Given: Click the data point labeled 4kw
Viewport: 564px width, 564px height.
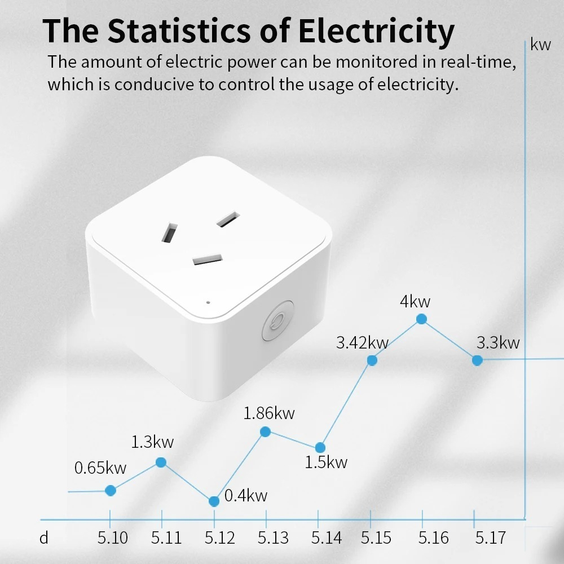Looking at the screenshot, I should tap(421, 319).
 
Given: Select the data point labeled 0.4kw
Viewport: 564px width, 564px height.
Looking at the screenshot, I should tap(214, 501).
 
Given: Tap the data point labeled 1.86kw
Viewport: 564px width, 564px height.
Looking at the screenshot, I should tap(266, 431).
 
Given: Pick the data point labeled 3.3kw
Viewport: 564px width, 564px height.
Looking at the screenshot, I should tap(477, 360).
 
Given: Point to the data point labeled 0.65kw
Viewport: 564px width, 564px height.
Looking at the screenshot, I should tap(111, 491).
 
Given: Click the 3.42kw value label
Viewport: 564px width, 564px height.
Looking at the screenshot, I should tap(363, 342).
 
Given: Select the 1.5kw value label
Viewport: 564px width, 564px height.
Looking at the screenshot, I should tap(326, 462).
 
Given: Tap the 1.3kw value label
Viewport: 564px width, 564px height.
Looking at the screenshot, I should tap(152, 442).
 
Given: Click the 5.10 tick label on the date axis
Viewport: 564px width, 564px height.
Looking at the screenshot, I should tap(113, 538).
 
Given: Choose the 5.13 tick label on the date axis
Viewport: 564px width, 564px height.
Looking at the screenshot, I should tap(273, 538).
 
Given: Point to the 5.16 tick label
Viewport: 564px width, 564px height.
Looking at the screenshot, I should tap(434, 538).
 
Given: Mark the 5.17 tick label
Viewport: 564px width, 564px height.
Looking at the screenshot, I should tap(490, 538).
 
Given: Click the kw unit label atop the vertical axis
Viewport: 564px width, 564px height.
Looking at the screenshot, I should tap(541, 45).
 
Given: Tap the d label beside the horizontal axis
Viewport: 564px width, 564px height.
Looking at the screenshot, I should tap(44, 538).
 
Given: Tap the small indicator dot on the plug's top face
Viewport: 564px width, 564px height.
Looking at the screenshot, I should tap(208, 302).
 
